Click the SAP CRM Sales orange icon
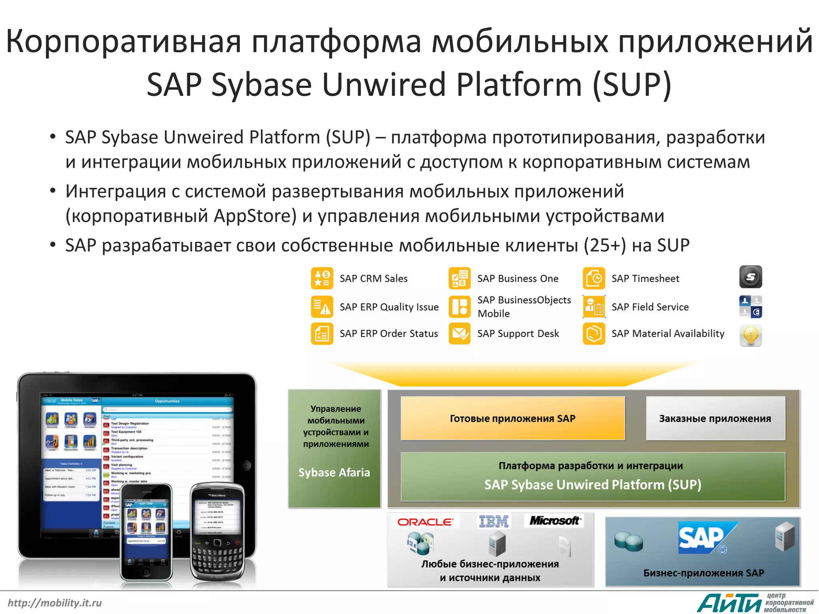point(322,279)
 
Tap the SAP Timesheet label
point(645,279)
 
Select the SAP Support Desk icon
point(459,333)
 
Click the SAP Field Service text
point(650,307)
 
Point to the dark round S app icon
point(750,277)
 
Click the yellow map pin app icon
point(750,335)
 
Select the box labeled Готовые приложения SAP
point(513,419)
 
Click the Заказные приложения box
point(715,419)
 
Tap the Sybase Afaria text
point(334,472)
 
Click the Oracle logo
point(425,522)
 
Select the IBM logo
point(493,521)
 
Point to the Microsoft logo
point(554,520)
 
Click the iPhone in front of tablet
point(146,532)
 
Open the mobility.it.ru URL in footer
point(55,603)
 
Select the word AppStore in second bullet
point(255,216)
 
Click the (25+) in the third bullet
point(605,245)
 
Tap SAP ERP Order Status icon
point(322,333)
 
